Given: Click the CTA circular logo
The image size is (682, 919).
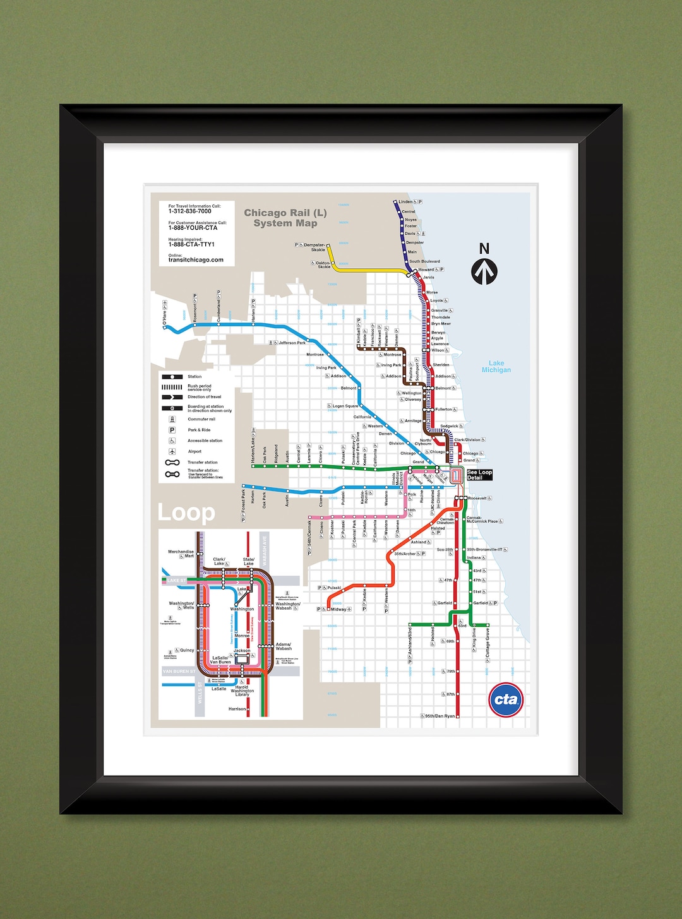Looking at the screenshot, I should point(506,699).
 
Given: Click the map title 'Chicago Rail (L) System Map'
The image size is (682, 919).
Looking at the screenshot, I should point(285,218).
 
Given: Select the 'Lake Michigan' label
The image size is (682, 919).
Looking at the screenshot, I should point(496,367).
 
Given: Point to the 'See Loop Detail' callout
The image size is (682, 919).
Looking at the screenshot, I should point(479,475).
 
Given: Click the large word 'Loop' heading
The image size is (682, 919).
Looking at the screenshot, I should point(186,513).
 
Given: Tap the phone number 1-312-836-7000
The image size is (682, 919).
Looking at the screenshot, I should point(189,211).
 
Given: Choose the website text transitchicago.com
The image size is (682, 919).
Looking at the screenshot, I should point(196,260).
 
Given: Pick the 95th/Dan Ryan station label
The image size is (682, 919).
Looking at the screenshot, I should point(440,716).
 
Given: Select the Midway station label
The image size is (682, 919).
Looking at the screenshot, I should point(339,609).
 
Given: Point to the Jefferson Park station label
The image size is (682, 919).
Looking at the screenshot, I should point(292,343).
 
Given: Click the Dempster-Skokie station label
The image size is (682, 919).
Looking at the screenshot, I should point(314,247).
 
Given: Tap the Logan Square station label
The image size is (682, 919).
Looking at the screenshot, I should point(345,406).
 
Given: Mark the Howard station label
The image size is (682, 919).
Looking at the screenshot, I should point(426,270).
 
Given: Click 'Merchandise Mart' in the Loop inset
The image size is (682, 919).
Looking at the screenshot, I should point(181,554).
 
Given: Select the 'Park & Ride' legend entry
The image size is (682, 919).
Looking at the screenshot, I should point(199,430).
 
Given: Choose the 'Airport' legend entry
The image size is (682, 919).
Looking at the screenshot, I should point(194,451).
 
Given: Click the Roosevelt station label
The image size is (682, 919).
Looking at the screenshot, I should point(477,498).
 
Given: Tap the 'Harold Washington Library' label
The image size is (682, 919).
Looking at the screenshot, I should point(242,691).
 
